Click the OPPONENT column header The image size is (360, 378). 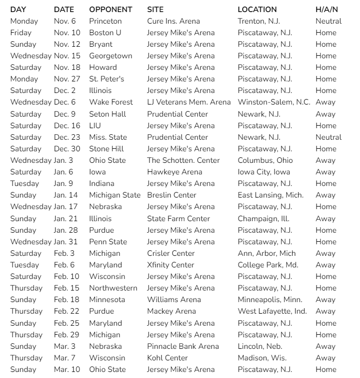coord(110,10)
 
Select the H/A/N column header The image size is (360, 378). coord(326,10)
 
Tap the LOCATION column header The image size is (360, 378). coord(257,10)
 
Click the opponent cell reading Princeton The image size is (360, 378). coord(105,21)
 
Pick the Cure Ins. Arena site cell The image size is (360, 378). coord(173,21)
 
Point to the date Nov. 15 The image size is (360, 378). coord(67,56)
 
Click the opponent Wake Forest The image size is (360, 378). coord(111,102)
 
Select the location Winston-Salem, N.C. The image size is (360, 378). coord(274,102)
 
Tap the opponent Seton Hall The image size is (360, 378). coord(107,114)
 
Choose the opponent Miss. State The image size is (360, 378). coord(108,137)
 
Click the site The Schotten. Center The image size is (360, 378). coord(183,160)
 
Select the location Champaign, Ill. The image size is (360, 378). coord(263,219)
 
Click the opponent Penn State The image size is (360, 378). coord(108,242)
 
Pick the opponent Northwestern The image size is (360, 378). coord(113,288)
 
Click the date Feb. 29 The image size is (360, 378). coord(67,335)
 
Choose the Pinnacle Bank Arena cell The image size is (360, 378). coord(183,346)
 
